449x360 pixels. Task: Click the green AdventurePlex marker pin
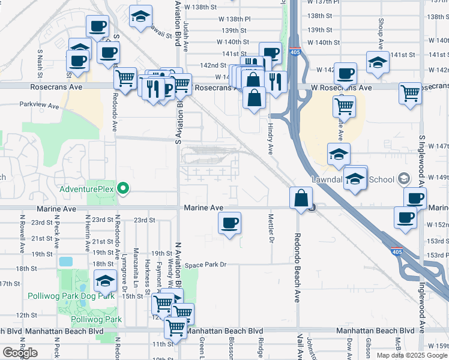[x=124, y=188]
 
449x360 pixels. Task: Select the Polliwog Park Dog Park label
[x=71, y=296]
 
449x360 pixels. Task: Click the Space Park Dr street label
[x=205, y=265]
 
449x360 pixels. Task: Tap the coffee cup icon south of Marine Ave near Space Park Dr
[x=229, y=224]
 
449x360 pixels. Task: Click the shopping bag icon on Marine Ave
[x=301, y=198]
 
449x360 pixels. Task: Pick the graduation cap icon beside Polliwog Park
[x=106, y=281]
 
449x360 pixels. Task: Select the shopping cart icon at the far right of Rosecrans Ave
[x=410, y=93]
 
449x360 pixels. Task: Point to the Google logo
[x=20, y=353]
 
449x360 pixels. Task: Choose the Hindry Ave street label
[x=271, y=139]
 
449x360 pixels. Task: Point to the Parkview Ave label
[x=39, y=105]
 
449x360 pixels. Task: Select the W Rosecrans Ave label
[x=341, y=88]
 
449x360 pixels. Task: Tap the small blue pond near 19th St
[x=65, y=262]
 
